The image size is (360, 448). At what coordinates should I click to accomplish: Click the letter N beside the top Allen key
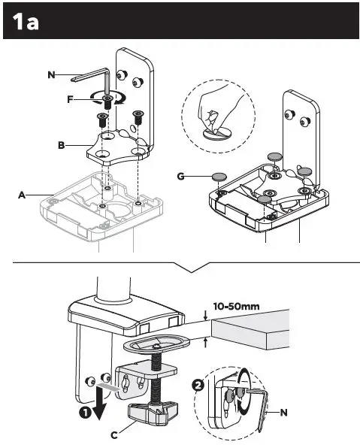[50, 75]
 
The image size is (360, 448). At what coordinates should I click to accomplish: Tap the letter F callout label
[69, 99]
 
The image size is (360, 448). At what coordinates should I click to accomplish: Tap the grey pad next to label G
[219, 176]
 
